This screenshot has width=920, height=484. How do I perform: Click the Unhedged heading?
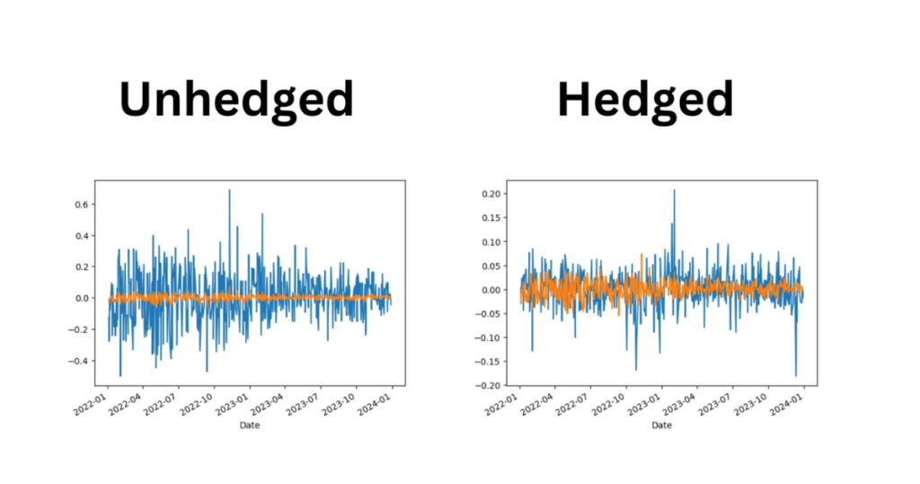236,100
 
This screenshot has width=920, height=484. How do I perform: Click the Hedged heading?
645,100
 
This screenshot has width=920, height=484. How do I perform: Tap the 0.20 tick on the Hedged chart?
491,193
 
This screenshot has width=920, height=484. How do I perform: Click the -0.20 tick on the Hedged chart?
490,385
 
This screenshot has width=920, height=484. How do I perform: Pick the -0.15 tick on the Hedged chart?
490,337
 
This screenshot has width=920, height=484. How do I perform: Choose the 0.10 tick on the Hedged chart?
491,242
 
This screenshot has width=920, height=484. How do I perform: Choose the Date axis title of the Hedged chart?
661,425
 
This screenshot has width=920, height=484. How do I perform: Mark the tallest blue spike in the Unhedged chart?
229,191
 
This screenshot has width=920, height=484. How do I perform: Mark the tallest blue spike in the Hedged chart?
674,191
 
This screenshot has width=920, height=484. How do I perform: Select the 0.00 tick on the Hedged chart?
491,290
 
